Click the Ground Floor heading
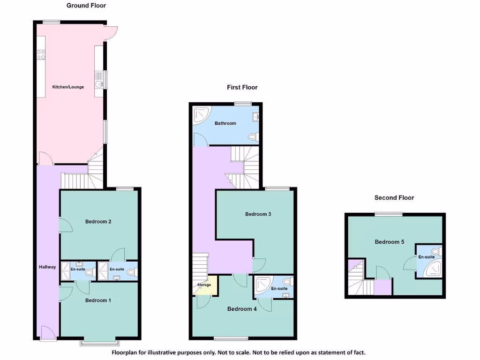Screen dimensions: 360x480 (x=86, y=6)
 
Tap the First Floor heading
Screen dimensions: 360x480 (x=242, y=87)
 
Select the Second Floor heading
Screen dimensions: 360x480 (x=394, y=198)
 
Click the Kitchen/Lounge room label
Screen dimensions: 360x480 (x=68, y=87)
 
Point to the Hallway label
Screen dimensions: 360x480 (x=47, y=267)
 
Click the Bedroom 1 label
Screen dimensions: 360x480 (x=98, y=300)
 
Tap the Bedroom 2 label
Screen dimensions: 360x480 (x=98, y=222)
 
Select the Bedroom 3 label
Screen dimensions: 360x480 (x=258, y=214)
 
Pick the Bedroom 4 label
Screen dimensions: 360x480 (x=242, y=309)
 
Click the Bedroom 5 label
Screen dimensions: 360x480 (x=389, y=242)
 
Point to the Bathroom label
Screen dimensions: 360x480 (x=225, y=123)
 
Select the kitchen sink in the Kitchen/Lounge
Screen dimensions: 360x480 (x=99, y=84)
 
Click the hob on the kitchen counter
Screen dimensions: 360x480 (x=41, y=54)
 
